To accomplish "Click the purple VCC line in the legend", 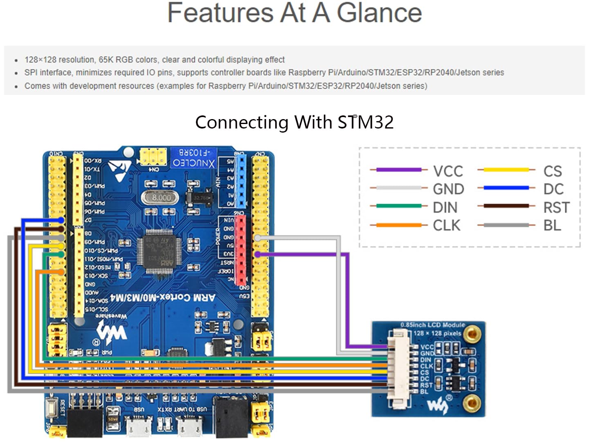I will (x=398, y=169).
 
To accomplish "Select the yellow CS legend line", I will (x=506, y=169).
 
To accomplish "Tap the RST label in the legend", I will (x=556, y=207).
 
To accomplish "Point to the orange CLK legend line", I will (x=398, y=225).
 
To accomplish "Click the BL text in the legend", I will (x=552, y=226).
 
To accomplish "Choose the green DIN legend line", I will (x=398, y=206).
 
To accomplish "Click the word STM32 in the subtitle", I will (x=366, y=122).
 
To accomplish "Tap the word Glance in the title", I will (x=379, y=13).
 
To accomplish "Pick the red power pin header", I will (x=241, y=250).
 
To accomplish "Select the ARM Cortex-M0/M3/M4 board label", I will (x=162, y=298).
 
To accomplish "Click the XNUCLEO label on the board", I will (x=193, y=162).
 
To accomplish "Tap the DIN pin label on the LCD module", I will (x=425, y=360).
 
